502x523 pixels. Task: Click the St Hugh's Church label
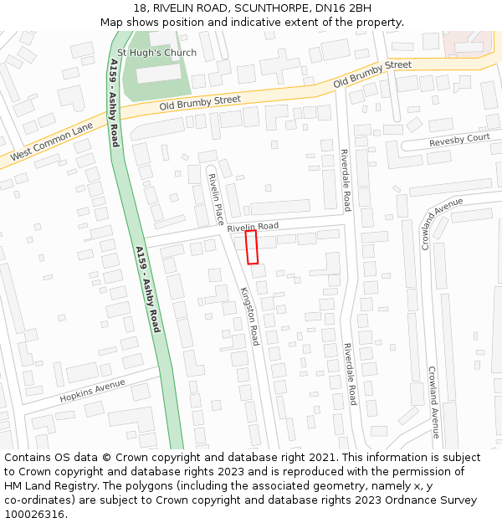(156, 53)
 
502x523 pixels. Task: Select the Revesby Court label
(459, 140)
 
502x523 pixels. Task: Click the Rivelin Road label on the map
(252, 226)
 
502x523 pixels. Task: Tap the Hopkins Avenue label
(92, 390)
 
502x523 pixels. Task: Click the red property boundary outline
(251, 248)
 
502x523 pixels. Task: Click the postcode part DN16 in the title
(330, 8)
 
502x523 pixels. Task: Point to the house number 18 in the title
(140, 8)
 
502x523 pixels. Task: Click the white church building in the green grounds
(159, 74)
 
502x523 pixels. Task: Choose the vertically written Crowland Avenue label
(433, 402)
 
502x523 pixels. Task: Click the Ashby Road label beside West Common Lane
(114, 103)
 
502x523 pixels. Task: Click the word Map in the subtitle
(113, 23)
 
